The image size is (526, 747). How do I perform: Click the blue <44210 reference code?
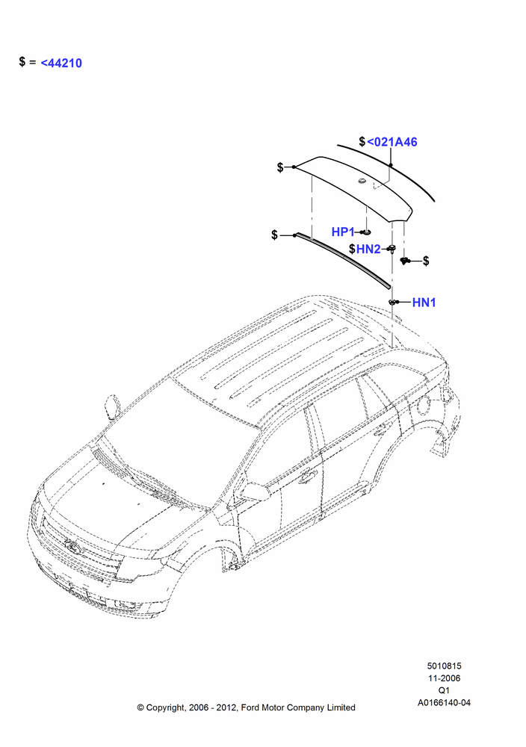point(61,63)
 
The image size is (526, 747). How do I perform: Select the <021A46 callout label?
point(392,141)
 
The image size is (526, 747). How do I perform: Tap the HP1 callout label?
point(342,232)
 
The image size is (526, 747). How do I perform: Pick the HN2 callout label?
point(368,249)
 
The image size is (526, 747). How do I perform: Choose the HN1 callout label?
point(424,302)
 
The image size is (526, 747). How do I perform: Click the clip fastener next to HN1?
point(393,302)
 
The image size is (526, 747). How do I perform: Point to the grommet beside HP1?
point(366,232)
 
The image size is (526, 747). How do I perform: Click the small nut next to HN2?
point(392,248)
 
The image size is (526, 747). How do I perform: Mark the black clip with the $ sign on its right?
point(404,260)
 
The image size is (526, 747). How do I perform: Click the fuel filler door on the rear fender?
point(421,406)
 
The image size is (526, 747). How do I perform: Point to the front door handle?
point(307,475)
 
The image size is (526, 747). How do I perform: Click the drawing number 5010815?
point(444,666)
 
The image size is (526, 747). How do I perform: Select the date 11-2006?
point(444,678)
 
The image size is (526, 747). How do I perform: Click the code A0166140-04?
point(444,702)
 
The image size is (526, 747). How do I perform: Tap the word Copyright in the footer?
point(165,708)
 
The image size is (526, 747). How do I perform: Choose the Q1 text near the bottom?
point(444,690)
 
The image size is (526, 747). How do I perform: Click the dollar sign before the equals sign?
point(22,61)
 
